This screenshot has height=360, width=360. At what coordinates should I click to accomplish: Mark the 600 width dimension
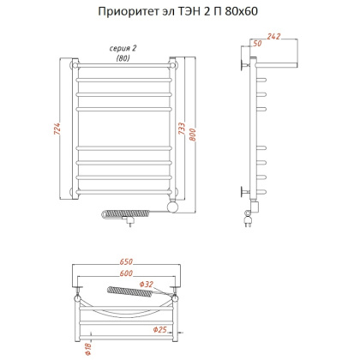[127, 273]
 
